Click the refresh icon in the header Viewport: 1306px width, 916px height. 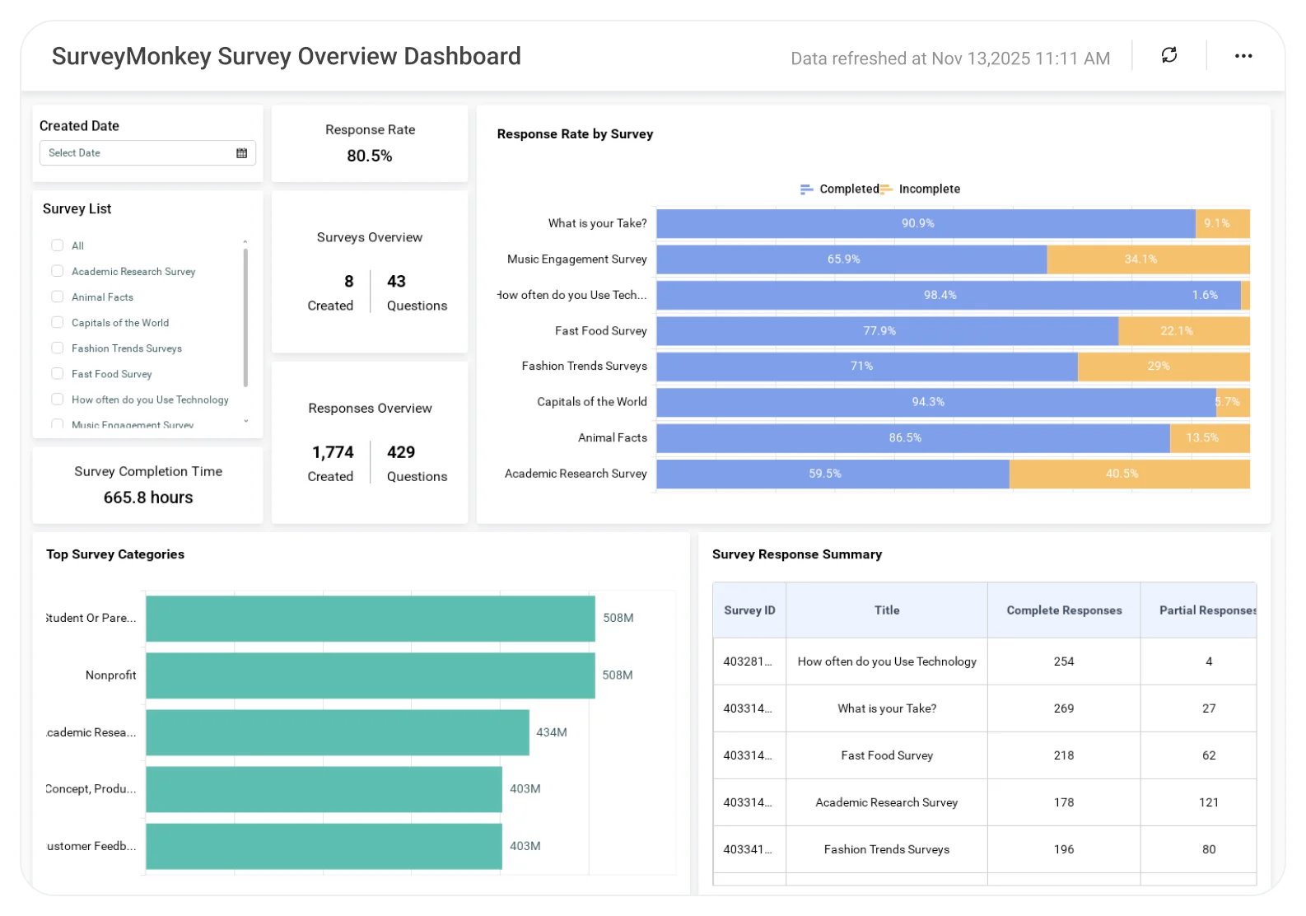[1168, 55]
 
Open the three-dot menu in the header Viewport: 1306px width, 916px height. [1243, 56]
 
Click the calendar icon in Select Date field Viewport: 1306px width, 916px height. [241, 153]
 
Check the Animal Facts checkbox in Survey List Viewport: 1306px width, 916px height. [58, 297]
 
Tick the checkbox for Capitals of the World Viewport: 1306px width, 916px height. [58, 322]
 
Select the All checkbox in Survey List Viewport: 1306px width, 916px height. [58, 245]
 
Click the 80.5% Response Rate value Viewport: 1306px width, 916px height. [369, 156]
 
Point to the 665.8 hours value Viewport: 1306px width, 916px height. [148, 498]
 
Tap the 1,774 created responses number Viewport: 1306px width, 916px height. [333, 452]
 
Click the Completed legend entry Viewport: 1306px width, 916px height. [841, 189]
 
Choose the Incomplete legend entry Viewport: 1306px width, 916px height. [921, 189]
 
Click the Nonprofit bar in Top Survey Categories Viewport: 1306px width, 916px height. [370, 675]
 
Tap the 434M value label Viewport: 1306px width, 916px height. [552, 732]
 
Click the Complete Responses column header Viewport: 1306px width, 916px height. [1064, 610]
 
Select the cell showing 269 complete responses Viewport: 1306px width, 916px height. [1064, 708]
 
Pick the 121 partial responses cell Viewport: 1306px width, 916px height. [1208, 802]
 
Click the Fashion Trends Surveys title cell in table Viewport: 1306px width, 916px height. [886, 849]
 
